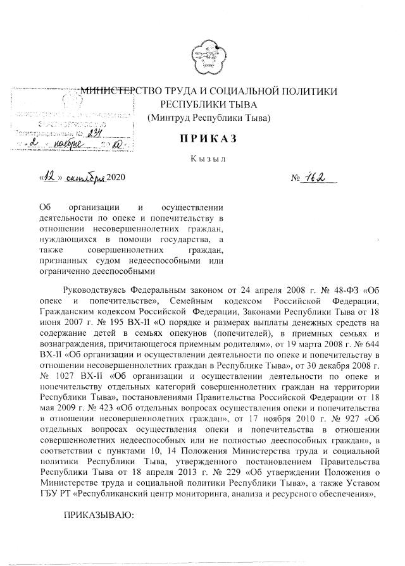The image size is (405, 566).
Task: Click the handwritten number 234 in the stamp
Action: point(93,133)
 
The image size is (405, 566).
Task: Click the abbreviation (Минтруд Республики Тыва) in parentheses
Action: point(208,118)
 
